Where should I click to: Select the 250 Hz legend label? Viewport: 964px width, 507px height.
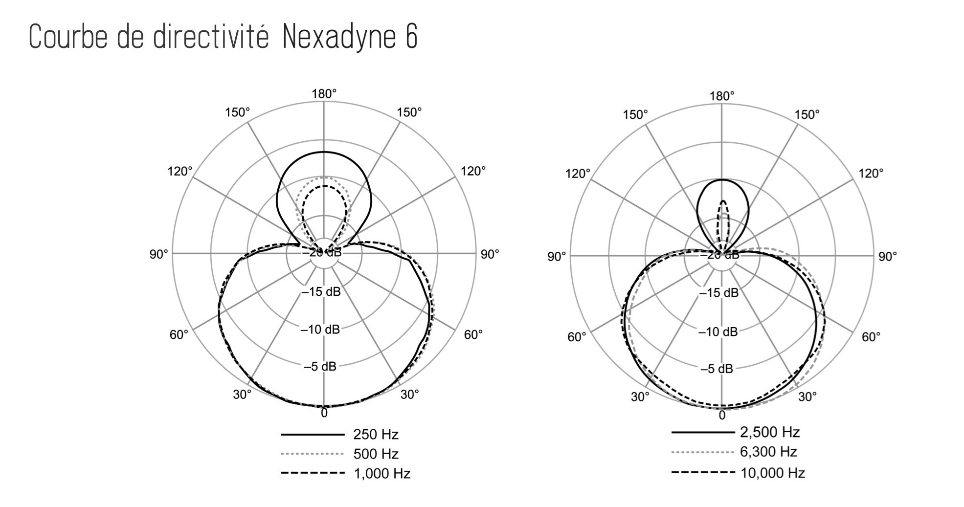tap(376, 434)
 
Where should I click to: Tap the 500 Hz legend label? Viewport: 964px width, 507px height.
tap(376, 454)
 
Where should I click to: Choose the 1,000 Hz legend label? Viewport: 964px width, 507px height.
tap(381, 473)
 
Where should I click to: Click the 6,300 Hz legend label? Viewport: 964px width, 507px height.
tap(768, 452)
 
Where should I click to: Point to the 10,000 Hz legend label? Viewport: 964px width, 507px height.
tap(772, 473)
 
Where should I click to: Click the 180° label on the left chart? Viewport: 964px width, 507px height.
tap(324, 94)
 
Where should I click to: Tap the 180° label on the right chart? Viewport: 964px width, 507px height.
tap(722, 96)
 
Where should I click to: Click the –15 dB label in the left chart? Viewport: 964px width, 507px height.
tap(321, 292)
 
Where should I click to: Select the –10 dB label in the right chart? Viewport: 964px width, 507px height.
tap(718, 332)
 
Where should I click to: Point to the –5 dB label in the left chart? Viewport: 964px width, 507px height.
tap(320, 366)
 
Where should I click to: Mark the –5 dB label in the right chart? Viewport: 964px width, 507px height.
tap(717, 369)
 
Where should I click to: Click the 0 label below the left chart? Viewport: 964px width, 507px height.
tap(324, 414)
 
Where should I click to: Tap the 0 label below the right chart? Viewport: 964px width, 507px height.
tap(722, 416)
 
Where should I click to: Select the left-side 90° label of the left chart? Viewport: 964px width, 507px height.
tap(158, 254)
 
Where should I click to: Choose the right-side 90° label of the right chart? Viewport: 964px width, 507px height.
tap(887, 256)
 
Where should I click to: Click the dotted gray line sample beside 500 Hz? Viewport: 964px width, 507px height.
tap(313, 454)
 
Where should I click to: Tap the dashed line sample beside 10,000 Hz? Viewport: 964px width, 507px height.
tap(703, 472)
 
